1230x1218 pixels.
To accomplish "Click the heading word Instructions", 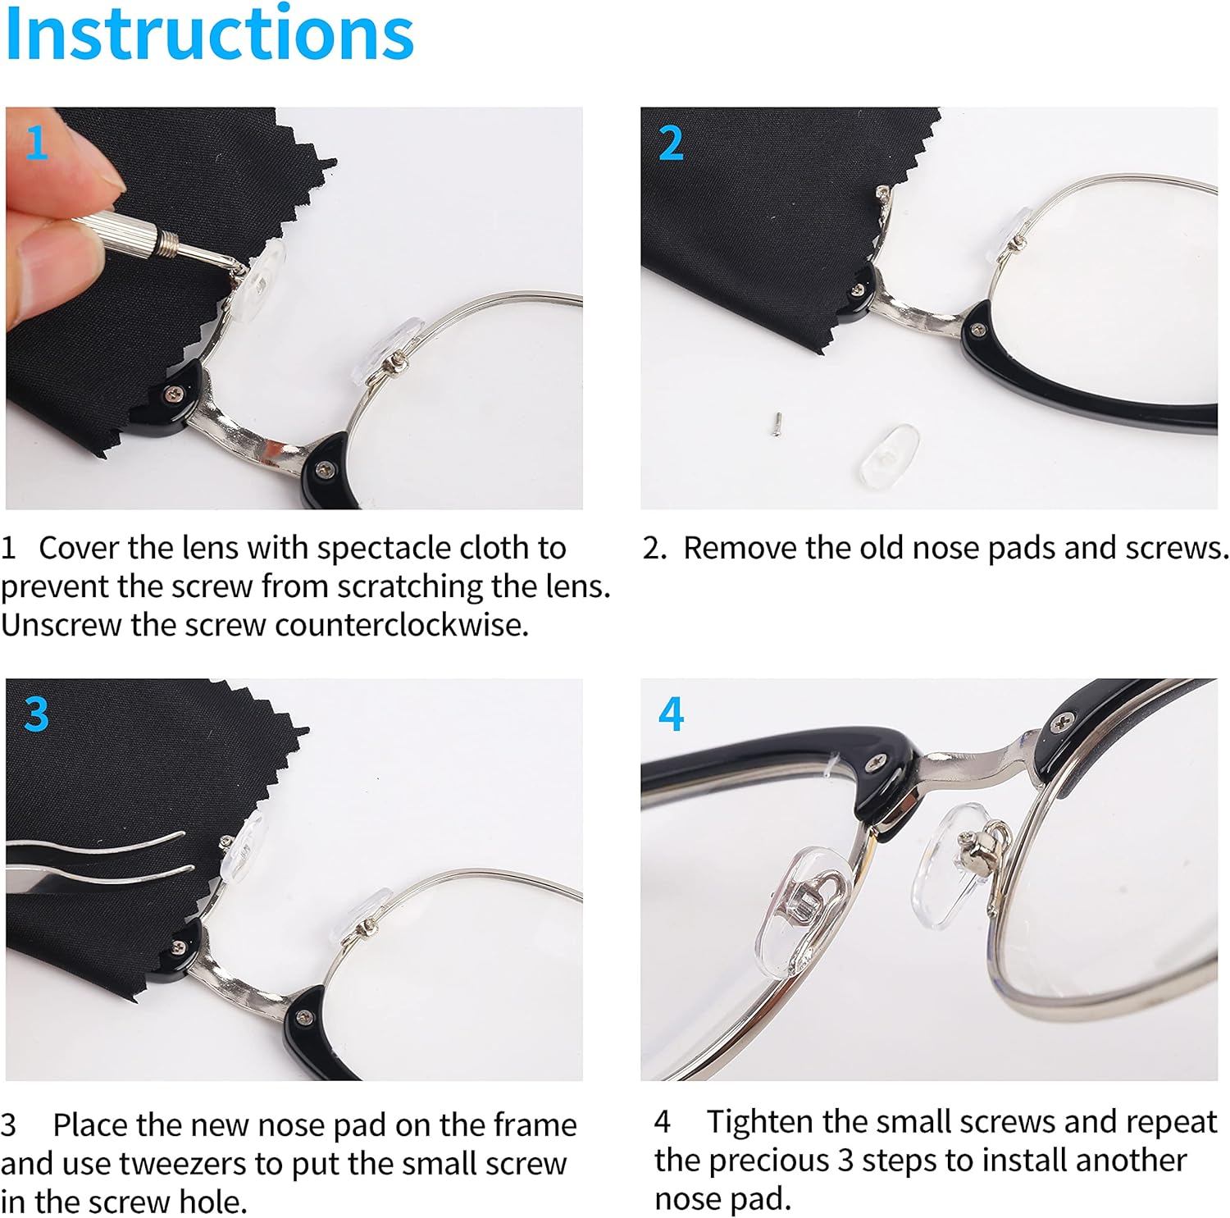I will pyautogui.click(x=209, y=34).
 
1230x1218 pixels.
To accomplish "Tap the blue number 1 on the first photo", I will pyautogui.click(x=36, y=143).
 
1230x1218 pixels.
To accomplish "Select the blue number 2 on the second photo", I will pyautogui.click(x=671, y=144).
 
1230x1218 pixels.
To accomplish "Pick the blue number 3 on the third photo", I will pyautogui.click(x=36, y=714).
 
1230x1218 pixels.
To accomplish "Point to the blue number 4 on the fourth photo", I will pyautogui.click(x=671, y=714).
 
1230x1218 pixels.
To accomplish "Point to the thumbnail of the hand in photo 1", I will pyautogui.click(x=98, y=176).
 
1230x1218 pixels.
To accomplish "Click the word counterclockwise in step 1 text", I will pyautogui.click(x=401, y=625).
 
